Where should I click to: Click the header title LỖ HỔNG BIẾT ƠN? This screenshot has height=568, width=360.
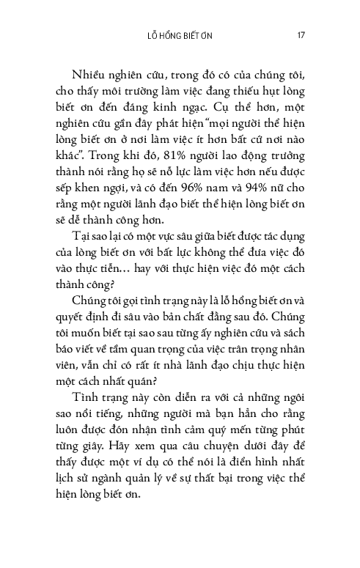pos(180,34)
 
